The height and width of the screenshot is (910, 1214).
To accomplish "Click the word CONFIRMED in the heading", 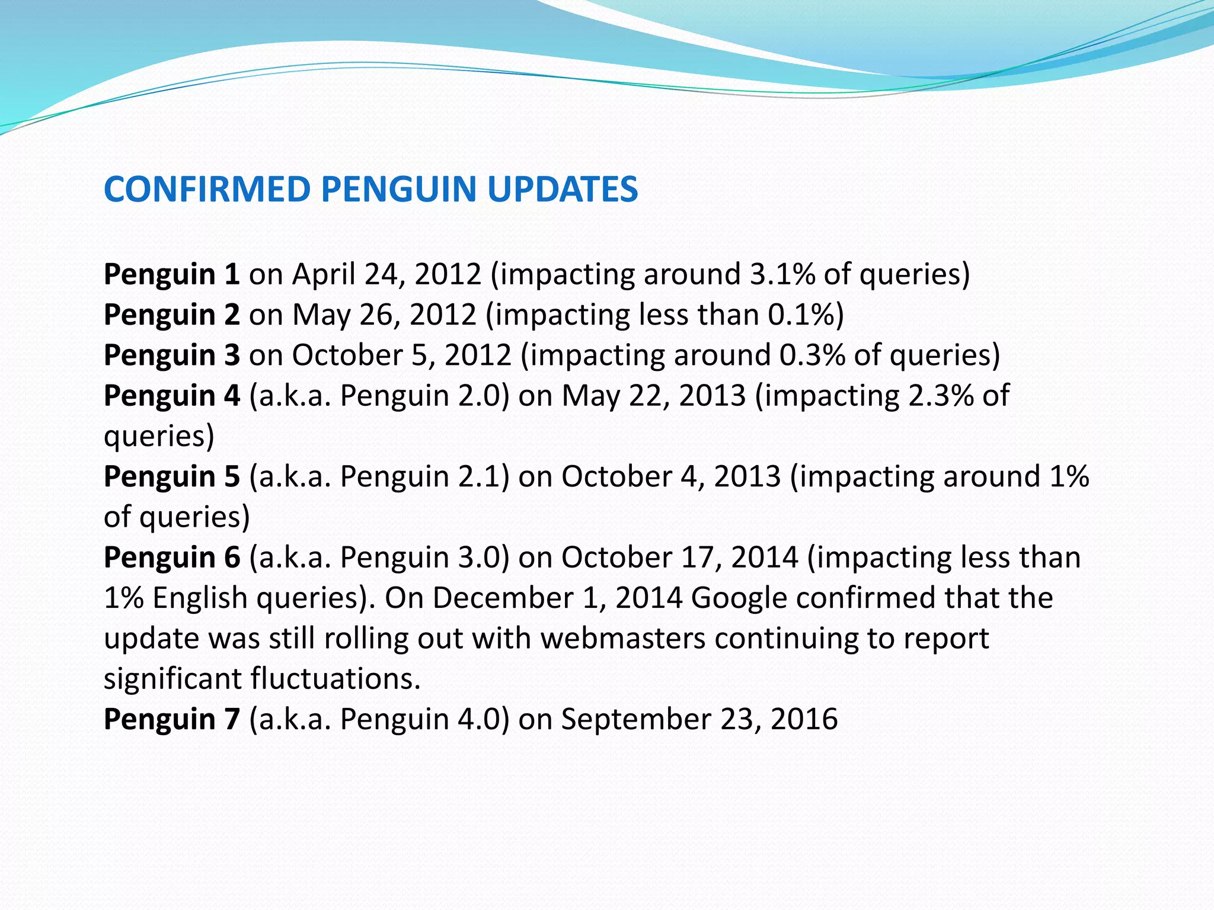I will tap(207, 190).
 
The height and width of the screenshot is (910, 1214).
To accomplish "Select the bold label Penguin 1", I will tap(171, 274).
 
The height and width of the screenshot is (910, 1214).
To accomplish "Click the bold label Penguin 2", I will tap(171, 315).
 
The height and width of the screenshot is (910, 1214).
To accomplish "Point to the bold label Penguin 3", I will tap(171, 355).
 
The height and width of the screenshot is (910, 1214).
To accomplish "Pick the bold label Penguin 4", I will tap(171, 395).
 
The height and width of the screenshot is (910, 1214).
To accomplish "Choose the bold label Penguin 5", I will tap(171, 476).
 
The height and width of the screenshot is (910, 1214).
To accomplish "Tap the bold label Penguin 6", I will tap(171, 557).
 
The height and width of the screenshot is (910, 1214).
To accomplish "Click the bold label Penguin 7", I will tap(171, 719).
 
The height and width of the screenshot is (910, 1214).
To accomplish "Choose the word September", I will tap(636, 720).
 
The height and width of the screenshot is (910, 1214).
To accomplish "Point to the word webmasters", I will tap(623, 639).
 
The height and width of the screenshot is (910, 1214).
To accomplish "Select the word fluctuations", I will tap(336, 679).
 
